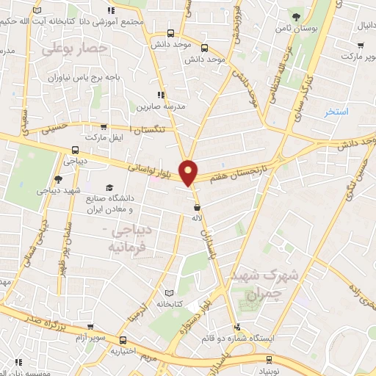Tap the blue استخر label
337,112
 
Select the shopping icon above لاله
196,208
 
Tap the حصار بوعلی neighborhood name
75,49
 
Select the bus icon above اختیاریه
123,341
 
